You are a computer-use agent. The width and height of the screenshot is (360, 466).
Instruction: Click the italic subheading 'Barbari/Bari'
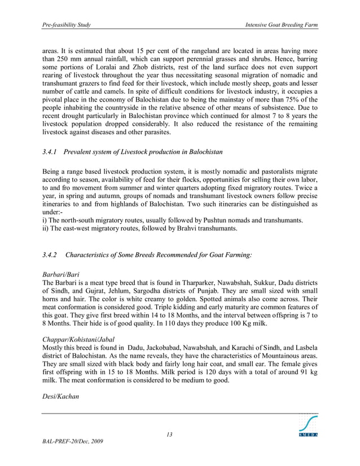point(62,274)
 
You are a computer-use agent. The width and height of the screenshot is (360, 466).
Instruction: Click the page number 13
point(169,434)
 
